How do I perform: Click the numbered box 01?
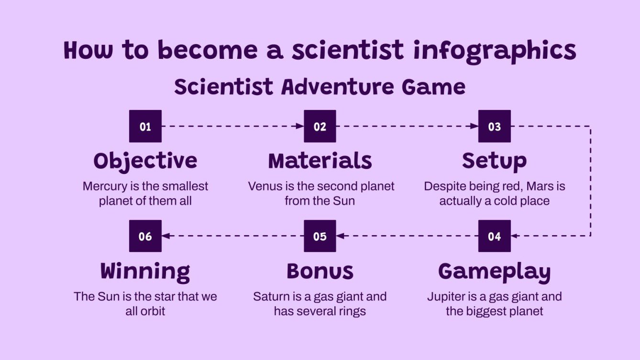[145, 126]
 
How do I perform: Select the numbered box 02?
[320, 126]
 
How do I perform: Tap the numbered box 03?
[494, 126]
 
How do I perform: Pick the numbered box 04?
[494, 236]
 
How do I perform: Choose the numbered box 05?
[320, 236]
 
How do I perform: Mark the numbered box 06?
[145, 236]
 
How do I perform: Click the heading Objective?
[145, 161]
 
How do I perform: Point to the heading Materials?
[320, 161]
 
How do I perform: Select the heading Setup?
[494, 161]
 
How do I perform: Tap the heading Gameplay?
[494, 272]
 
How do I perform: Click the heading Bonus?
[320, 271]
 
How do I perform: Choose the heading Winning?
[145, 271]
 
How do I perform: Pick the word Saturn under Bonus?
[271, 296]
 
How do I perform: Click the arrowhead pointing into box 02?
[300, 126]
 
